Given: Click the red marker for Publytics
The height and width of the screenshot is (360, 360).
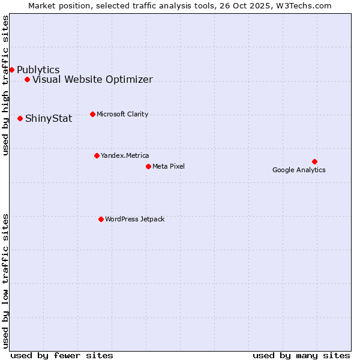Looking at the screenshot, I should (x=11, y=70).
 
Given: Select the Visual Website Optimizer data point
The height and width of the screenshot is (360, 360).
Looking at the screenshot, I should (x=27, y=79).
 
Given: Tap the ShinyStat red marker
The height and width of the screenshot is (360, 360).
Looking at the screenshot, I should (x=20, y=118).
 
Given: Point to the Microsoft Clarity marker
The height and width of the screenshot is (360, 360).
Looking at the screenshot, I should (x=92, y=114).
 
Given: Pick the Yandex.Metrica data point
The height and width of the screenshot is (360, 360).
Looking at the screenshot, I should (x=97, y=155).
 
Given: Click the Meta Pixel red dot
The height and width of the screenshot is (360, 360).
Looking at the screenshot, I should (x=148, y=166).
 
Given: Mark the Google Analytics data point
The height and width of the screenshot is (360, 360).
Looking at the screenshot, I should (x=314, y=161).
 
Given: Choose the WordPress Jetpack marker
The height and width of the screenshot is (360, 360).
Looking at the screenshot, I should (x=101, y=219).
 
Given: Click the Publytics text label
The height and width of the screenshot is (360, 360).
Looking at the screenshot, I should (x=38, y=70).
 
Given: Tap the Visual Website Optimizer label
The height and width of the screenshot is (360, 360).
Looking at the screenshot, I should (x=92, y=80).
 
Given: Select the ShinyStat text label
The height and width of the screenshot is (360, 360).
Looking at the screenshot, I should (x=49, y=119).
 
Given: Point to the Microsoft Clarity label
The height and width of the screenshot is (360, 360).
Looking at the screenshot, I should (x=122, y=114).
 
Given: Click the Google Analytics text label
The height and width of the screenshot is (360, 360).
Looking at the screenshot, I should (x=299, y=170).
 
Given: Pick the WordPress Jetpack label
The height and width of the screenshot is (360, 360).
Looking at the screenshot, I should (x=134, y=219).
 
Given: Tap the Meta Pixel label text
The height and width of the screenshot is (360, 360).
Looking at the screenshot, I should (x=169, y=166).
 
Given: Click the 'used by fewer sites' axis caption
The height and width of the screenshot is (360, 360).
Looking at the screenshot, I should (x=62, y=355).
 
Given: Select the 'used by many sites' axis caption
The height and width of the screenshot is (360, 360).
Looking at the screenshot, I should (x=301, y=355).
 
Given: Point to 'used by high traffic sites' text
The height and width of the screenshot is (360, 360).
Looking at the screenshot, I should (x=6, y=85).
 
